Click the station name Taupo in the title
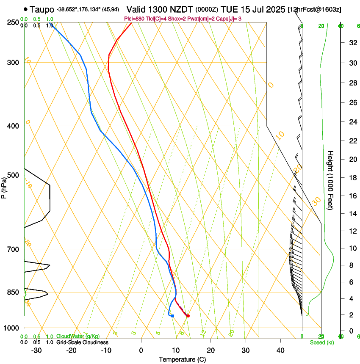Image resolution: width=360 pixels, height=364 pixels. [42, 9]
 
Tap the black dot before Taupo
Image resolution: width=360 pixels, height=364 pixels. [26, 9]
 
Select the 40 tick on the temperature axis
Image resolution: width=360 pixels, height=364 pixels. [280, 350]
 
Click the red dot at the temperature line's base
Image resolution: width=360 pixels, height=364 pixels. [188, 316]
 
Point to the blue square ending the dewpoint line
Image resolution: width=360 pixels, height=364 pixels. [172, 316]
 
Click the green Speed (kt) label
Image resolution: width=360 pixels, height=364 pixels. [321, 342]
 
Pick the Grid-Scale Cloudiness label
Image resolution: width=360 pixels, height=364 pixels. [82, 342]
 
